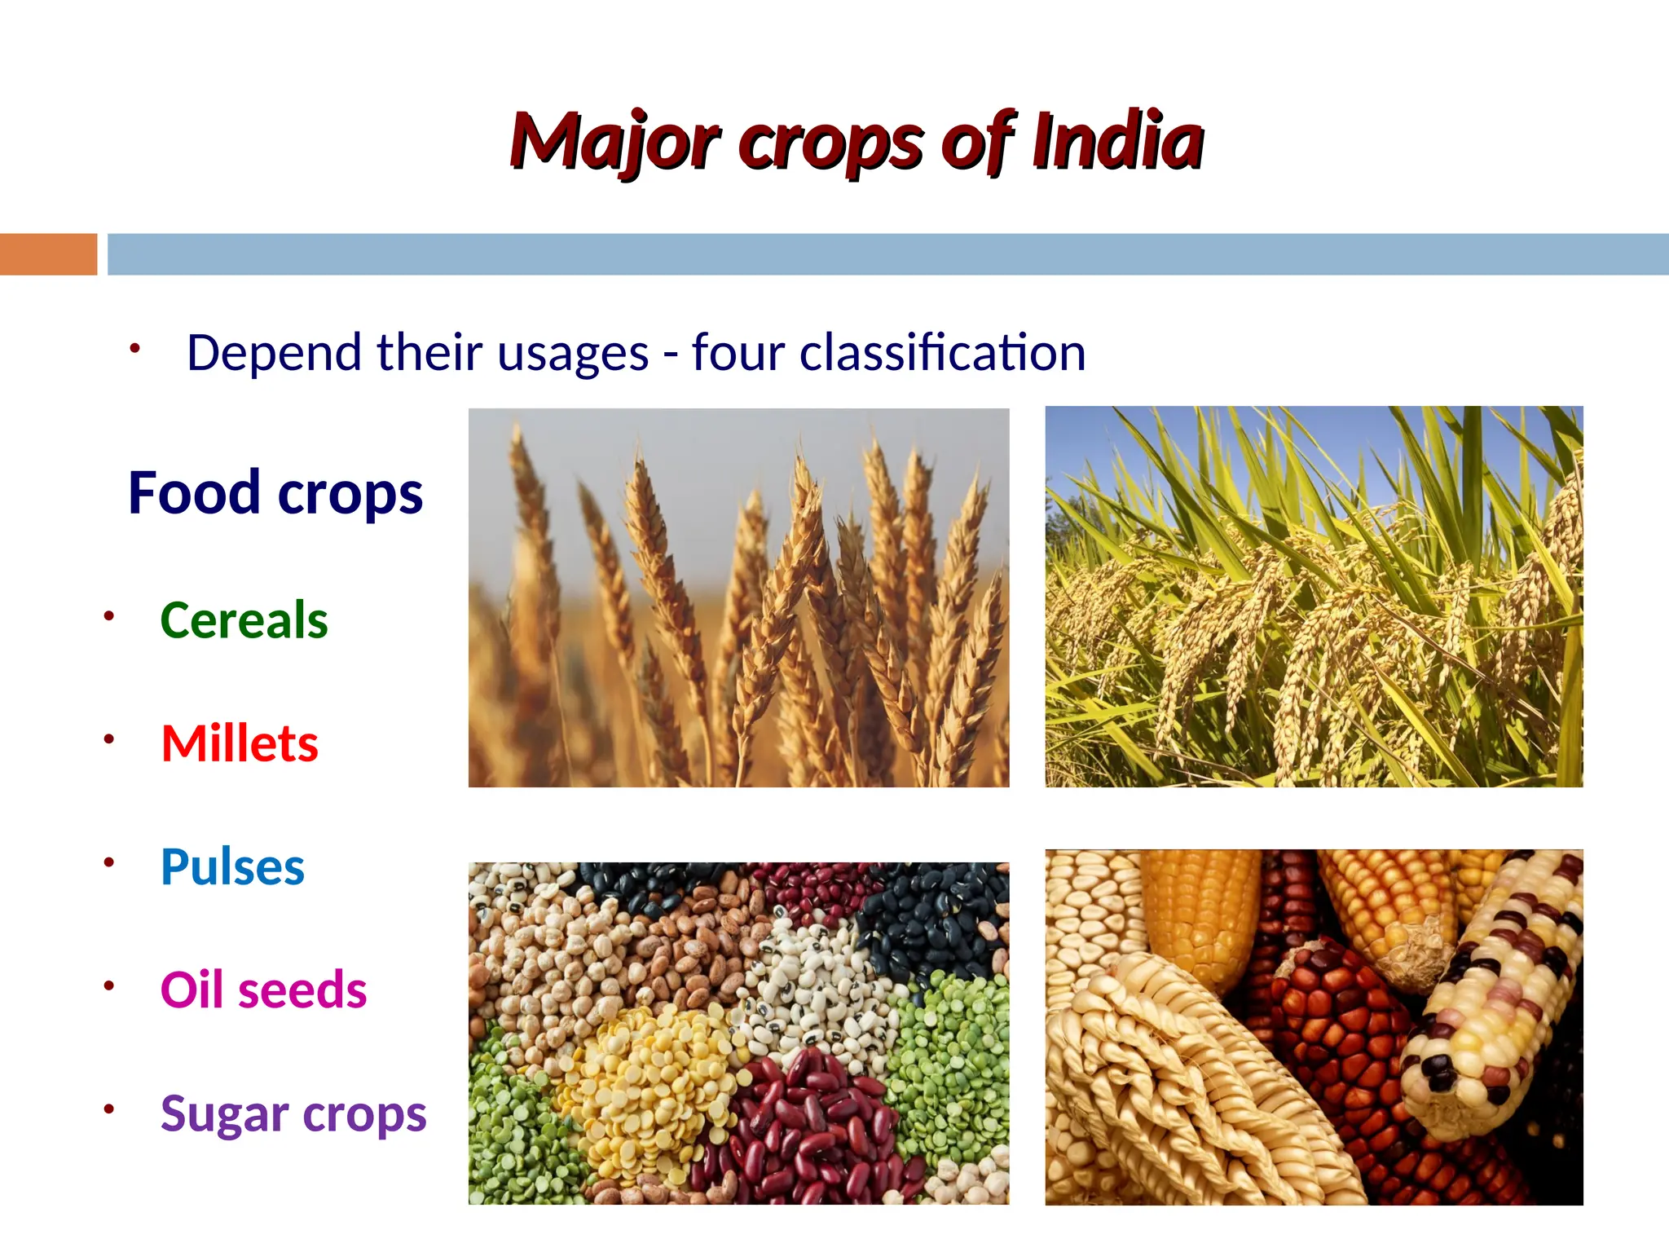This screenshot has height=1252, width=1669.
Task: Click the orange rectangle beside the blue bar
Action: click(48, 254)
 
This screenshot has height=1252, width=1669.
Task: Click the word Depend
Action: click(274, 353)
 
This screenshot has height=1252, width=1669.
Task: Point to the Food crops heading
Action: click(275, 493)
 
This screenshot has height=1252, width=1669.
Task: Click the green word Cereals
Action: click(244, 620)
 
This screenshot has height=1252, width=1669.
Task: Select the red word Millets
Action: click(240, 743)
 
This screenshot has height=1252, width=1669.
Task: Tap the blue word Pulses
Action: click(232, 866)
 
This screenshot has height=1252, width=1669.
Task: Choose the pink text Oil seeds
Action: click(263, 990)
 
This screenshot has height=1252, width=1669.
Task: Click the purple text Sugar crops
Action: click(293, 1113)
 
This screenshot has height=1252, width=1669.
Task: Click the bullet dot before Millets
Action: click(108, 739)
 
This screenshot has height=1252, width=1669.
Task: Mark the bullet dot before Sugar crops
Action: click(108, 1109)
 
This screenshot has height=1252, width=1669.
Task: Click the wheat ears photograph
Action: click(738, 597)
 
